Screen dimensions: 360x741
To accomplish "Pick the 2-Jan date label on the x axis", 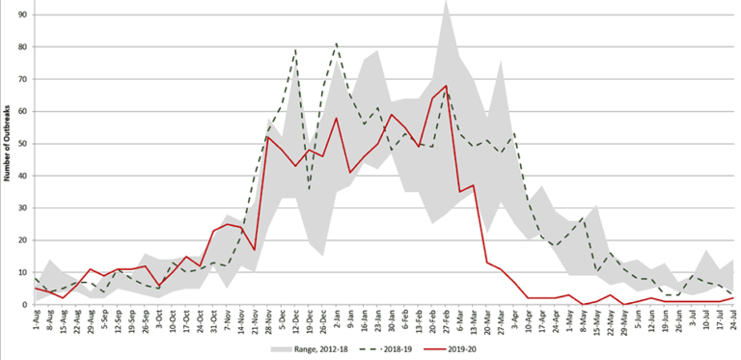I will tap(336, 318).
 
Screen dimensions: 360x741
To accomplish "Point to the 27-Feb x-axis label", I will tap(445, 319).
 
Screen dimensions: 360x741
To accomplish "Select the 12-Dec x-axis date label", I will tap(295, 319).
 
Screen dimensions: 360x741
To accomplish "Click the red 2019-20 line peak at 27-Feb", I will tap(445, 86).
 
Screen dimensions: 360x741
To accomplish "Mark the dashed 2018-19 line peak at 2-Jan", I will tap(336, 43).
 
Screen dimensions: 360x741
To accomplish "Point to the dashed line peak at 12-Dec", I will tap(295, 50).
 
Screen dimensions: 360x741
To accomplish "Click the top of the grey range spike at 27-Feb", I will tap(445, 2).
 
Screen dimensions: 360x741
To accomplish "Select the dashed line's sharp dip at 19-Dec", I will tap(309, 188).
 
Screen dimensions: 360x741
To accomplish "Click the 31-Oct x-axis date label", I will tap(214, 319).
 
